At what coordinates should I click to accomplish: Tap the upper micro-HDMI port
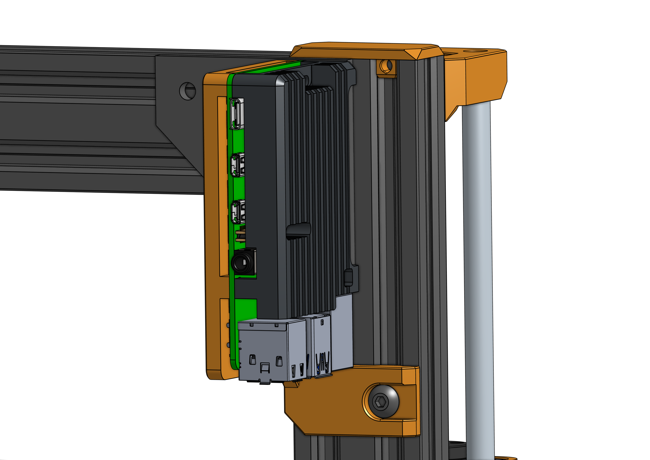238,165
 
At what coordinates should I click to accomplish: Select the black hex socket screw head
381,401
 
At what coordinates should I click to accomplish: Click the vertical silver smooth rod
478,269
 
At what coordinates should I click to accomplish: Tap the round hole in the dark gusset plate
187,91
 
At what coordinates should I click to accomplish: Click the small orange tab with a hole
386,68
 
